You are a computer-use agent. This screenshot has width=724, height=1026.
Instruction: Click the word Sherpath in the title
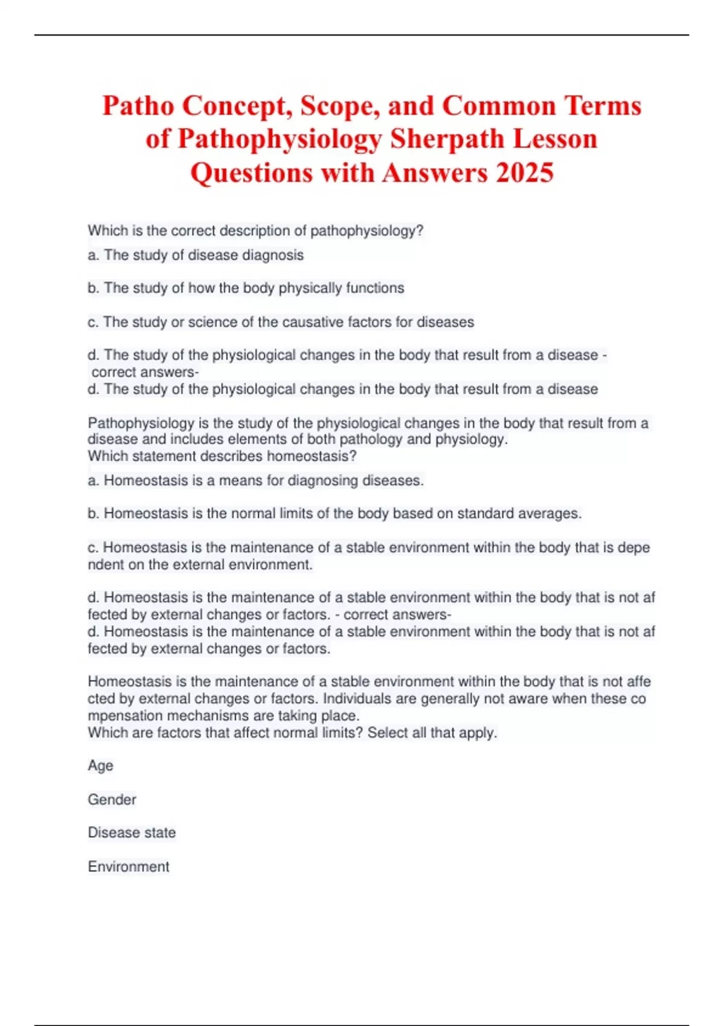446,139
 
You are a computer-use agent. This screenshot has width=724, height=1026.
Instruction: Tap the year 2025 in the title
524,173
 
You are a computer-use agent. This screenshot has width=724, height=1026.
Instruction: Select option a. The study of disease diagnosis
195,255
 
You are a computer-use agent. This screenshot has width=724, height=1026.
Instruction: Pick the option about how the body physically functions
246,288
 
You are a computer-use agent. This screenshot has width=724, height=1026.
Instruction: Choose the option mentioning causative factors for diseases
281,322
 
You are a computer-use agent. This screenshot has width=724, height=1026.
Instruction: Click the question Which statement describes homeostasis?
222,456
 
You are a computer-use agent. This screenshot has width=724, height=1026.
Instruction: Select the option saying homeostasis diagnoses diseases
256,481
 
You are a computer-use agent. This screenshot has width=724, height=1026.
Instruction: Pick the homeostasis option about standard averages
334,514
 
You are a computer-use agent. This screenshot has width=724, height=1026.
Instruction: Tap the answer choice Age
100,766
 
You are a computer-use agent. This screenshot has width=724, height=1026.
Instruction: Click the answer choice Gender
112,800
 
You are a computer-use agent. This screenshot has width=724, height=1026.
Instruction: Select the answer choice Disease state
132,833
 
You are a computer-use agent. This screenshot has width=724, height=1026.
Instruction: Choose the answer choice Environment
129,867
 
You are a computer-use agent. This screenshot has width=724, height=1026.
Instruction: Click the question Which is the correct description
256,231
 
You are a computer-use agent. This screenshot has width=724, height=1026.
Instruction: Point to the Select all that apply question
292,733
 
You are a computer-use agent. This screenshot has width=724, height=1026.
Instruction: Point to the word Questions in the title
252,173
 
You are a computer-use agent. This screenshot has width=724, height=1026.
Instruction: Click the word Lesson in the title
555,139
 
